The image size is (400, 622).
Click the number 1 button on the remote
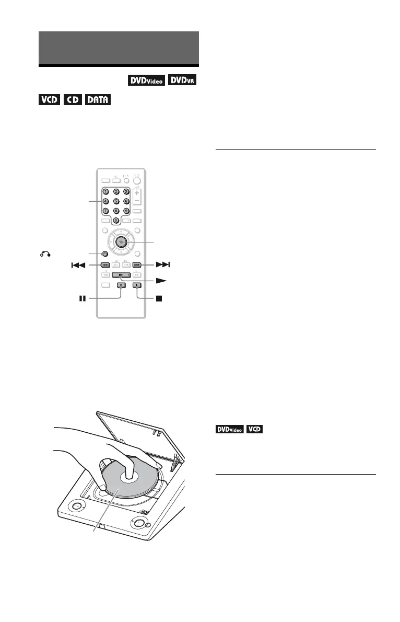click(105, 192)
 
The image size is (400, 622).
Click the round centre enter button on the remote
click(121, 241)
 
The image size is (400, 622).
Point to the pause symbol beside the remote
click(81, 300)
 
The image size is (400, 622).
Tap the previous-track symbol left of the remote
click(78, 265)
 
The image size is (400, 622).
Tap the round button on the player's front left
click(78, 506)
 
